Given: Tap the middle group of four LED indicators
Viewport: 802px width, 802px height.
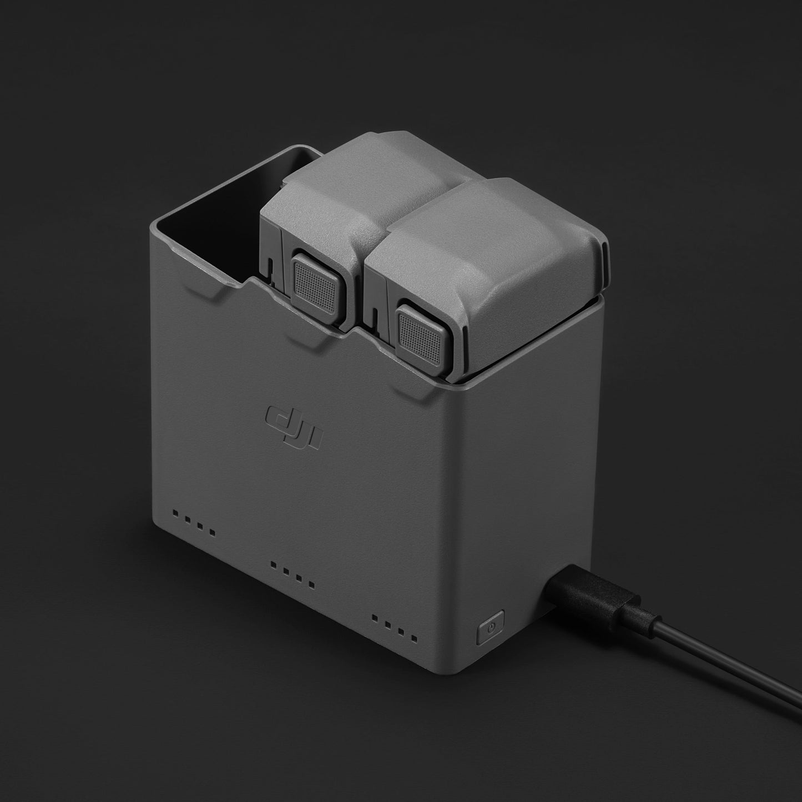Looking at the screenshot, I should point(292,574).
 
